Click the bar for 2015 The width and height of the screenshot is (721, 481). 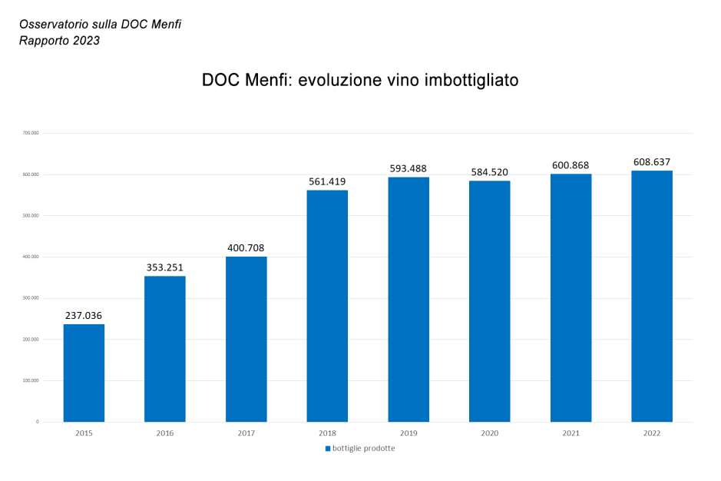(x=84, y=373)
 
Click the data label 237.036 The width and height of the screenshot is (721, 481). (x=84, y=315)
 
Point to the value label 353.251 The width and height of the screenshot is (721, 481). (x=165, y=267)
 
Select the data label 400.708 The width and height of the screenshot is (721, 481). (x=246, y=248)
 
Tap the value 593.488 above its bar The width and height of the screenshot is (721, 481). (x=408, y=168)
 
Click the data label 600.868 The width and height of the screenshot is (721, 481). (x=571, y=165)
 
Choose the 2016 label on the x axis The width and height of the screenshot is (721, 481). (x=165, y=433)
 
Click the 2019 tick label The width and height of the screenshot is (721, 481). (x=408, y=433)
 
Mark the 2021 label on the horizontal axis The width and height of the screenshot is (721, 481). (x=571, y=433)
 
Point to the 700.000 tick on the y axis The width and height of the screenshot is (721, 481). (x=31, y=133)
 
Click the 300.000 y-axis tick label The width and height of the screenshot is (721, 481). (x=31, y=298)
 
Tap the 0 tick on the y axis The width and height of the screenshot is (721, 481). (x=37, y=422)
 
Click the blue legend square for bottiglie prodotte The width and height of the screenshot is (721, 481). (x=328, y=448)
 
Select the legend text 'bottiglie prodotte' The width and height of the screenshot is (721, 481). (x=364, y=448)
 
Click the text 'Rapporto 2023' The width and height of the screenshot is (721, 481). (x=59, y=41)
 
